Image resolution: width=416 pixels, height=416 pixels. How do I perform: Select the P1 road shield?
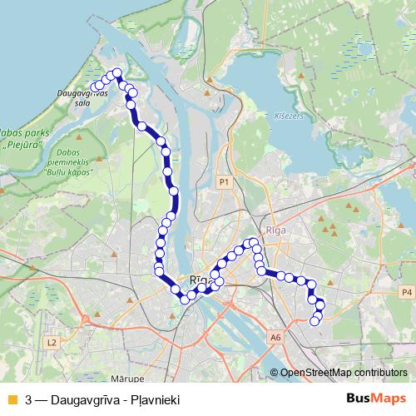click(222, 181)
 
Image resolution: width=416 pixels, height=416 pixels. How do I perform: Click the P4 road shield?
click(406, 293)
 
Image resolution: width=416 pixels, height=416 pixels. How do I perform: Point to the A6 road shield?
click(276, 336)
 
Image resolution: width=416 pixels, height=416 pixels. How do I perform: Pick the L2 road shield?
click(52, 341)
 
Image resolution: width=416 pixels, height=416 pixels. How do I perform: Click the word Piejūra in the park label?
click(28, 144)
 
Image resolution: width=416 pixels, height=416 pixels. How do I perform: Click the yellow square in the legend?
click(12, 399)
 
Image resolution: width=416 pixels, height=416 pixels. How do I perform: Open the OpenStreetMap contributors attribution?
click(344, 372)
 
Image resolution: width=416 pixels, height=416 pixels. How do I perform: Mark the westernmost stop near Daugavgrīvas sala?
click(93, 87)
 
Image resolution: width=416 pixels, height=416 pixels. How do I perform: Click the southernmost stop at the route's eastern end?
click(314, 321)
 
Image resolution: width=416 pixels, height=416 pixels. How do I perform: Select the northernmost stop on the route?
click(117, 72)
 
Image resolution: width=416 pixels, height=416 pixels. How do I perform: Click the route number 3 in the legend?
click(30, 399)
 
